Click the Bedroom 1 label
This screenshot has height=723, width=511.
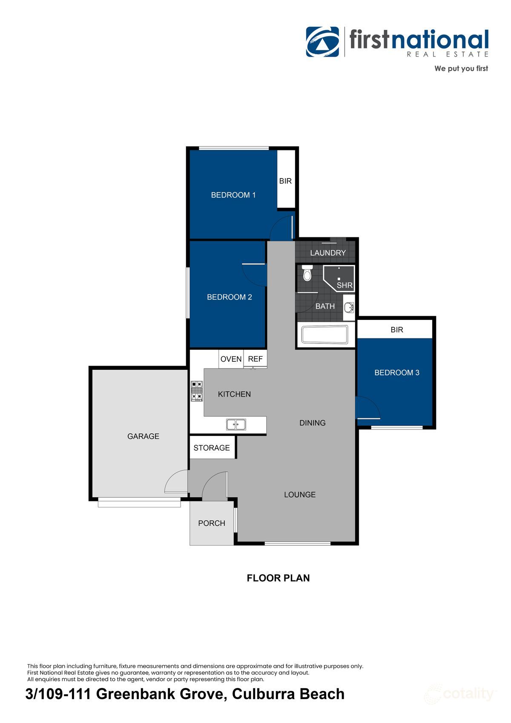tap(233, 195)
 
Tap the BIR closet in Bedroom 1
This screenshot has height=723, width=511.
tap(286, 181)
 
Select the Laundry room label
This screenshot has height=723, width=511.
tap(327, 253)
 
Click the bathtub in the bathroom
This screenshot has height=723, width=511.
tap(325, 334)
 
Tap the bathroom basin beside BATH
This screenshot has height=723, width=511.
tap(349, 307)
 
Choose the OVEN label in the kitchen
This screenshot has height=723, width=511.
tap(231, 359)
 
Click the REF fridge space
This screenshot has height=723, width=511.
tap(255, 359)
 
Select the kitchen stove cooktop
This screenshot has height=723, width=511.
tap(197, 391)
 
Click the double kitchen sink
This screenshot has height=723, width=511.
tap(236, 424)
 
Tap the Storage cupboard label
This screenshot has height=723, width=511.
tap(212, 448)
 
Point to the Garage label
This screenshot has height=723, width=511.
tap(143, 436)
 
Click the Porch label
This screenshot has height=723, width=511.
tap(212, 523)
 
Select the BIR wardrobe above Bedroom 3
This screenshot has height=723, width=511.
tap(396, 329)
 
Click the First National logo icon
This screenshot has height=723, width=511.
tap(322, 42)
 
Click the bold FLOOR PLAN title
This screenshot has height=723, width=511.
tap(278, 578)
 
